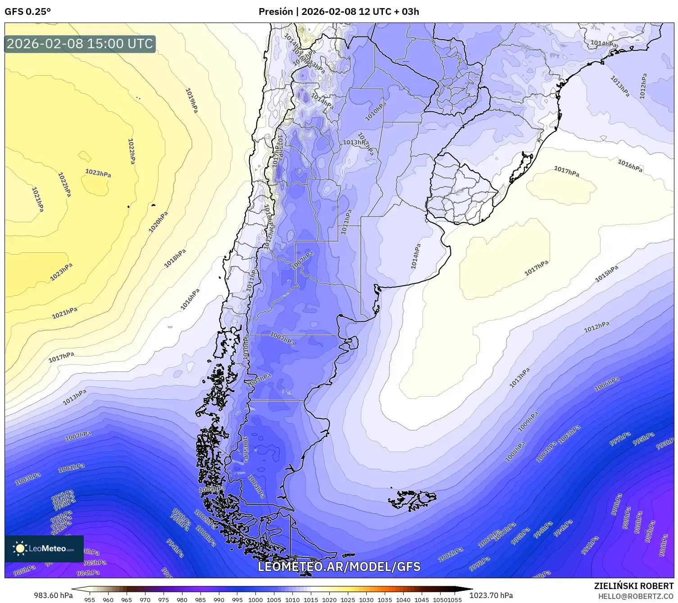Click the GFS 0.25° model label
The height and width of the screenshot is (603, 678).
click(27, 12)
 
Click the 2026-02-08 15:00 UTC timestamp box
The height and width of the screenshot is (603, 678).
click(80, 44)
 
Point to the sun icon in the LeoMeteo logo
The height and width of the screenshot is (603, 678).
click(20, 548)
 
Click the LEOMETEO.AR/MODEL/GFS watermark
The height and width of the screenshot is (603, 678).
click(339, 566)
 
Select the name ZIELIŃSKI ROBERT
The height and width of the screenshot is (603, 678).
click(634, 586)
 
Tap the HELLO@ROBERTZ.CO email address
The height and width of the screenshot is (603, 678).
click(636, 596)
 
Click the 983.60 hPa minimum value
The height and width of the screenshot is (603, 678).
click(53, 596)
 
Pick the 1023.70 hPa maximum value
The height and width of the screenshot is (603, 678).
click(491, 596)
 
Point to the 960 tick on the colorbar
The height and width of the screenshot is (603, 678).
click(108, 599)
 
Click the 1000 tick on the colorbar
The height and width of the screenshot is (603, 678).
click(255, 599)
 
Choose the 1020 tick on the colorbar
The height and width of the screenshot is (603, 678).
click(329, 599)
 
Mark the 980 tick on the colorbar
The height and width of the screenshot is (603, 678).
click(182, 599)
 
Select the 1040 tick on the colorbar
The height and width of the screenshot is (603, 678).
click(403, 599)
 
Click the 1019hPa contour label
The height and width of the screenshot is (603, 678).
click(192, 100)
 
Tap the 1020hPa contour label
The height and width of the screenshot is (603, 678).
click(158, 222)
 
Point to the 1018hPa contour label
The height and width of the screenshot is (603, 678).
click(175, 259)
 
